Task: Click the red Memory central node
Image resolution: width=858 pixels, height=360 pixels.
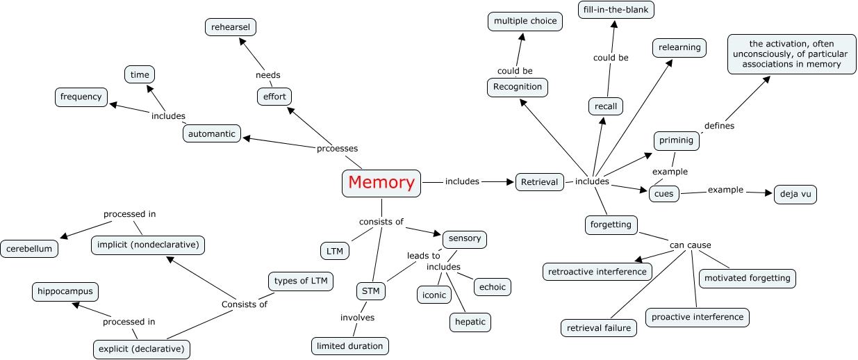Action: (381, 183)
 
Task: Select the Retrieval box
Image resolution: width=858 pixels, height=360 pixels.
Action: (540, 182)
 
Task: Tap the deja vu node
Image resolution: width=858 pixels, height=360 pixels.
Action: (795, 194)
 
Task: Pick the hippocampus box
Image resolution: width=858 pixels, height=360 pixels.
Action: (65, 291)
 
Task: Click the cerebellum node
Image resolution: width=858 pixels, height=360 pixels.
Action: (30, 248)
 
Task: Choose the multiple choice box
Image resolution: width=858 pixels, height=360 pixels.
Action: (525, 22)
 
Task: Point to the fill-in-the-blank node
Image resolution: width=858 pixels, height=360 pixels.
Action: (616, 10)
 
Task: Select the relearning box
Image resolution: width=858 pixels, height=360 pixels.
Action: (679, 48)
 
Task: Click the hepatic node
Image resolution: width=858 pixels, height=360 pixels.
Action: (470, 322)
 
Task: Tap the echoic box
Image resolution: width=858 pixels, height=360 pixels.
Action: (492, 286)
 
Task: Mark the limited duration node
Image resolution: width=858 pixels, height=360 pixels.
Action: (350, 346)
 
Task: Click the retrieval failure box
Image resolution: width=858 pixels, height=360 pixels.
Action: (599, 328)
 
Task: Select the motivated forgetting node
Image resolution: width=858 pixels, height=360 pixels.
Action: (748, 278)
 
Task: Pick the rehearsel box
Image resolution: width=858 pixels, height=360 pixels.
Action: (231, 27)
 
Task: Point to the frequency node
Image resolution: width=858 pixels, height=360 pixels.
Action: (81, 97)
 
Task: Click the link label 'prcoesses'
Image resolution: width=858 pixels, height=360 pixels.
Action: (338, 148)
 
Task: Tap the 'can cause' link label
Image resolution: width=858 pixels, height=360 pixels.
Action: (690, 245)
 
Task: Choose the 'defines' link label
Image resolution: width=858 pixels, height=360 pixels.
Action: (719, 126)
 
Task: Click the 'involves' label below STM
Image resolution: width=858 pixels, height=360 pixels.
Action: (357, 318)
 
